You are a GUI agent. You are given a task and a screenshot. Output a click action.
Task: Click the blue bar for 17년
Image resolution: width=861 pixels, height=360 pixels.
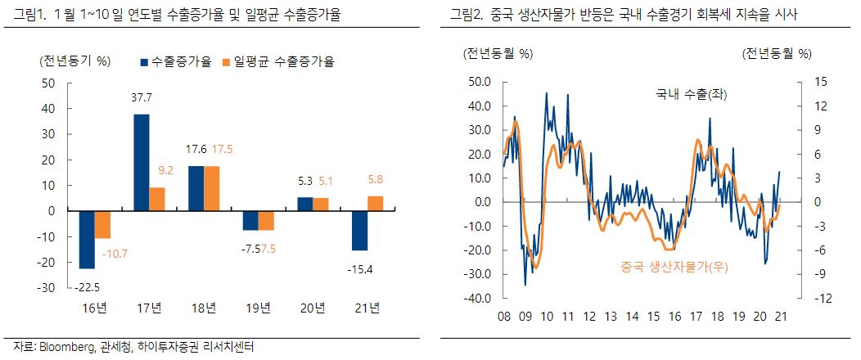point(142,162)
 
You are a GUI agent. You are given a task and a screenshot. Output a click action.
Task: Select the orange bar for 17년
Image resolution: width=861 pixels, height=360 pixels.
point(157,199)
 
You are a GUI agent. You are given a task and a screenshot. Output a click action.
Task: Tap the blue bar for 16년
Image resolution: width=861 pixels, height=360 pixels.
point(86,239)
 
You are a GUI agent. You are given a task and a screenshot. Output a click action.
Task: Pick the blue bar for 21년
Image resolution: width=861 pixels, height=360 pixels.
point(360,230)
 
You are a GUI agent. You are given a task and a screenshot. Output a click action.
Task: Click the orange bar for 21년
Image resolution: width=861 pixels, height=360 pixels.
point(376,204)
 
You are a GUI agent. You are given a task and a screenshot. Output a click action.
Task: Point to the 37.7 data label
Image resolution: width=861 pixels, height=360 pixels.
point(142,97)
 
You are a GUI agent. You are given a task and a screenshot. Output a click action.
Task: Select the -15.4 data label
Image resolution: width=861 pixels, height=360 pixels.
point(360,268)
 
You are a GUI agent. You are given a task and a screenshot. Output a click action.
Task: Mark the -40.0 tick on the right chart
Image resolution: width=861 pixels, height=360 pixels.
point(477,299)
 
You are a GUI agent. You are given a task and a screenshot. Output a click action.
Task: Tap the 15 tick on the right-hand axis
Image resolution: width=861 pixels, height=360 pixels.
point(799,82)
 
